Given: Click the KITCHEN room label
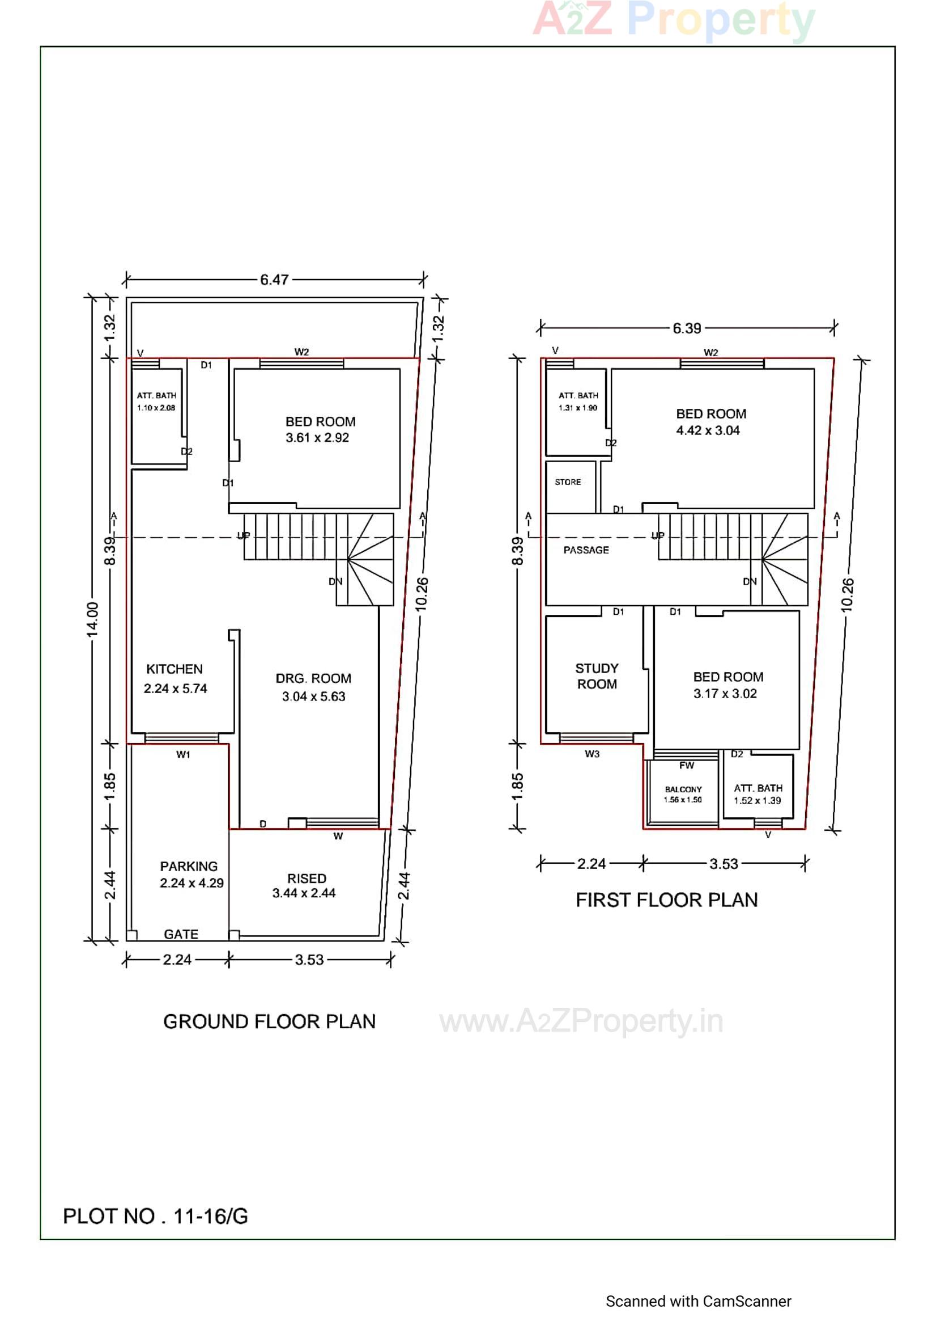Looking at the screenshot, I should [x=175, y=669].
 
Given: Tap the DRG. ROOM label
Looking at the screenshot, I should [x=313, y=678].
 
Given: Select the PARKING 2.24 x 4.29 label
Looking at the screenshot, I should [x=191, y=875].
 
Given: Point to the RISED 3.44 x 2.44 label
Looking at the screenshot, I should [x=305, y=885].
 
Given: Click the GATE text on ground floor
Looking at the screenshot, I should [x=181, y=934].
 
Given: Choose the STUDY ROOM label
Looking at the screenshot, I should [x=597, y=676].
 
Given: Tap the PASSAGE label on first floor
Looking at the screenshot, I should [x=586, y=550].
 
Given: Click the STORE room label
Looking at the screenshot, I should [x=568, y=482].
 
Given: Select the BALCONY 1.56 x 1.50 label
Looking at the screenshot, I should [x=683, y=795].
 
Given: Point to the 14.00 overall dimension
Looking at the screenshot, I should [x=92, y=619].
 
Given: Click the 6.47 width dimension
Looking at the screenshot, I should [x=274, y=280].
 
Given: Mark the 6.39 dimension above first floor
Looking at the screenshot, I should [x=687, y=328].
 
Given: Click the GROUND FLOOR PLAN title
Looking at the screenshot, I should [x=269, y=1021].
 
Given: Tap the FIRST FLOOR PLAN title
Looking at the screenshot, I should [x=666, y=900].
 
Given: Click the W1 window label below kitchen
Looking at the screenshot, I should [x=183, y=755].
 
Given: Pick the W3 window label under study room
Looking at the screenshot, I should [x=592, y=754].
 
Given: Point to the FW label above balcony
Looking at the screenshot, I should [x=686, y=766].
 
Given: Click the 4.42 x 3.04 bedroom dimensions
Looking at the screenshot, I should [x=708, y=430].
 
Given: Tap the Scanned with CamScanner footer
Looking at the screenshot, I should [x=698, y=1301].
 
